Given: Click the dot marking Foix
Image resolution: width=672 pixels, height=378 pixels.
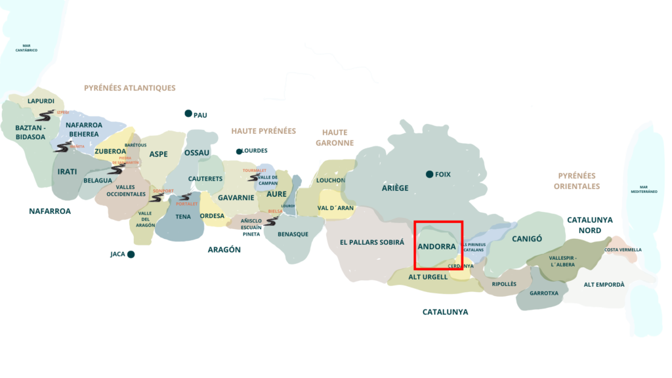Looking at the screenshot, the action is [x=429, y=174].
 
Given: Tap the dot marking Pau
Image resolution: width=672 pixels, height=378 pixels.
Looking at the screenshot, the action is [x=188, y=114].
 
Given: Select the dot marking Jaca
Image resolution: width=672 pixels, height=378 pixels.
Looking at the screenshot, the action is [x=131, y=254].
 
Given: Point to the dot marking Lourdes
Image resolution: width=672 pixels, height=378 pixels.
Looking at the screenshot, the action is [x=240, y=150].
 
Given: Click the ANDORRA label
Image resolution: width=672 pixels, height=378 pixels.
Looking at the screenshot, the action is [x=436, y=247].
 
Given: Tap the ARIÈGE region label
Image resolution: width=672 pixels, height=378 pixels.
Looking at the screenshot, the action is [x=395, y=188].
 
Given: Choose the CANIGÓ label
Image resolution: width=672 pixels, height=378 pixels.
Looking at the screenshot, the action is [x=527, y=239].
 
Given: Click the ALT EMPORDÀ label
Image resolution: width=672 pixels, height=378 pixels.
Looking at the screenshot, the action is [x=604, y=285].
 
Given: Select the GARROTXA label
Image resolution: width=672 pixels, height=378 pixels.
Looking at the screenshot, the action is [x=543, y=293].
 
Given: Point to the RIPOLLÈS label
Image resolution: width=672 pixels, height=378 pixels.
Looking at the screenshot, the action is [x=505, y=284].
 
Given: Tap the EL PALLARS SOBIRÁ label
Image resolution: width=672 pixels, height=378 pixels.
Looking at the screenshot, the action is [x=372, y=242].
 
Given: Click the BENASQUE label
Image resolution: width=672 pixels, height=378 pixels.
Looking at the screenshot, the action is [x=293, y=234].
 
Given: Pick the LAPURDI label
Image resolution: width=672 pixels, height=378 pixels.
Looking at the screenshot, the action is [x=41, y=101].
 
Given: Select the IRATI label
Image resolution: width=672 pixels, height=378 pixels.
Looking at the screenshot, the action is [x=67, y=172].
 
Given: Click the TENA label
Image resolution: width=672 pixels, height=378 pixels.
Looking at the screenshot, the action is [x=183, y=216].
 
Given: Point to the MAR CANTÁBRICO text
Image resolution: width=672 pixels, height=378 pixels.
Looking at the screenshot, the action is [x=27, y=47].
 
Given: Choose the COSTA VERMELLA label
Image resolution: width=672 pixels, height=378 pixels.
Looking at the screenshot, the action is [x=623, y=250].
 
